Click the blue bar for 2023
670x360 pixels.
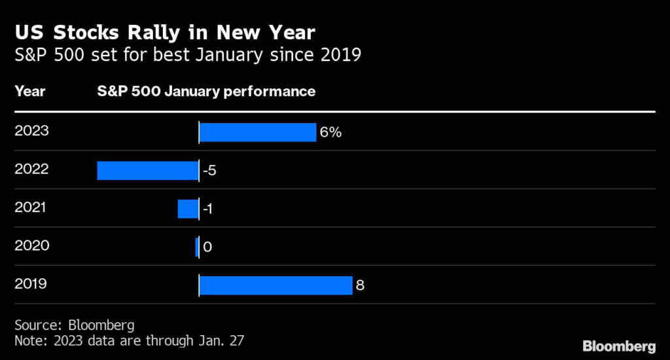click(x=257, y=132)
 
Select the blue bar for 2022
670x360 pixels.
click(x=148, y=170)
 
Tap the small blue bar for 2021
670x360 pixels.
click(x=188, y=209)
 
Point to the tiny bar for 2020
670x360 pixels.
click(x=196, y=247)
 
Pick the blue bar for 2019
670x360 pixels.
click(x=275, y=285)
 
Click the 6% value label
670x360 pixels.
click(x=330, y=132)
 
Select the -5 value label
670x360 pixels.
click(x=209, y=171)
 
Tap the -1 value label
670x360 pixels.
click(x=207, y=209)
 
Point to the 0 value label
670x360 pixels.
click(x=207, y=247)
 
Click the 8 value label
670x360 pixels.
click(x=359, y=285)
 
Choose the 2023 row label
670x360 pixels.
click(x=31, y=131)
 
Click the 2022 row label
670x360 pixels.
click(x=31, y=170)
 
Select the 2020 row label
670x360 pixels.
click(x=31, y=246)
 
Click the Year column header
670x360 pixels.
click(x=29, y=91)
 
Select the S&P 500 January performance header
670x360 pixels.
click(x=206, y=91)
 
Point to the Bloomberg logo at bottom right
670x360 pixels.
click(x=619, y=345)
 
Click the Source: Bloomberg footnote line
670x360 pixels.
click(x=75, y=325)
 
